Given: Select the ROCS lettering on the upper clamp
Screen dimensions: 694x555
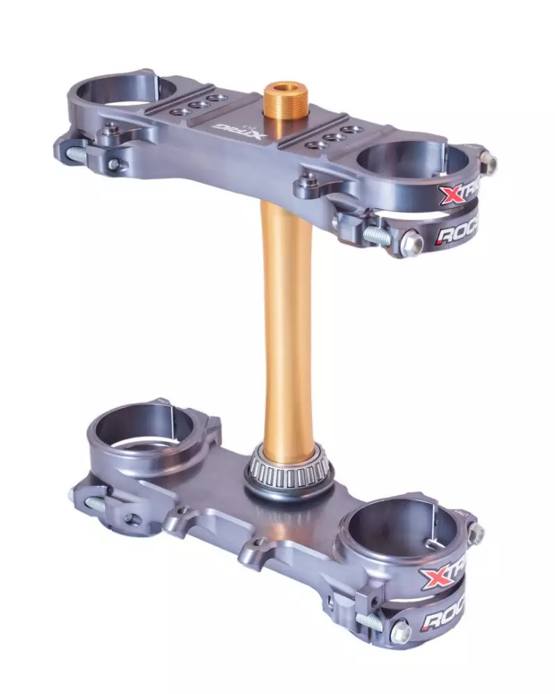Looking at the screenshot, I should [457, 235].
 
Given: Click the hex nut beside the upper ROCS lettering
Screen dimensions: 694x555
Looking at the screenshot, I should [412, 244].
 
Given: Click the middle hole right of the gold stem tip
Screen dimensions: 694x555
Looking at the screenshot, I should [334, 137].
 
